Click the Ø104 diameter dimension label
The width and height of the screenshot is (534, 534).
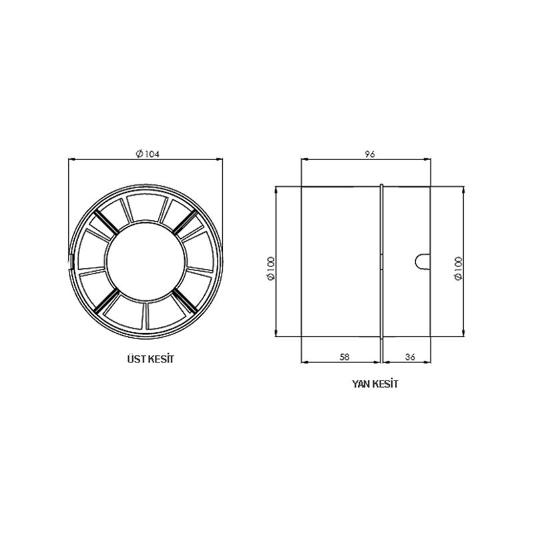click(148, 154)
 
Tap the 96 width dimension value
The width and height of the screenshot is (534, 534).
click(370, 154)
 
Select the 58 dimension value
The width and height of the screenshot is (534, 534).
click(344, 357)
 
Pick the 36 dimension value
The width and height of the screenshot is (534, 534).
click(410, 357)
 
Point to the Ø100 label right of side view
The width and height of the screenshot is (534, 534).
click(459, 268)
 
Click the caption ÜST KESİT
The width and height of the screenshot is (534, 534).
click(151, 359)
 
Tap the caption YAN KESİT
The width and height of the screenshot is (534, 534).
click(375, 384)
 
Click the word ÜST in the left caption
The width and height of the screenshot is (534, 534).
click(136, 359)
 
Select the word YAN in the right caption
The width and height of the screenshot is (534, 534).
click(361, 384)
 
